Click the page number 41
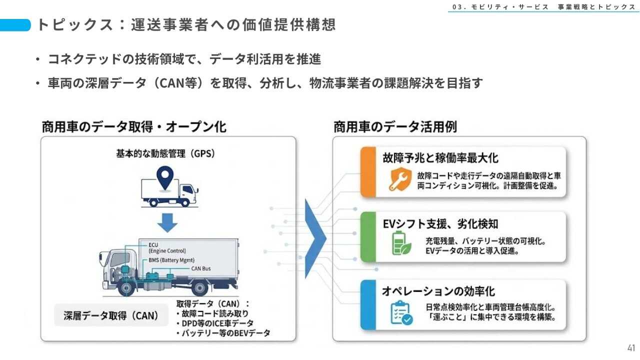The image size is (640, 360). [x=631, y=347]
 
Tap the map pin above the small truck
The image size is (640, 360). [x=165, y=178]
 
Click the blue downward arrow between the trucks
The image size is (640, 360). [x=167, y=223]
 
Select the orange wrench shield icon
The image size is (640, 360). [x=400, y=179]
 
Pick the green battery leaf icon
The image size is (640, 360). [x=401, y=243]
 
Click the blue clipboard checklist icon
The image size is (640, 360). [x=401, y=312]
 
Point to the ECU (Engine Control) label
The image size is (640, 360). [x=167, y=248]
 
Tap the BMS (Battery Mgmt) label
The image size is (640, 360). [x=171, y=260]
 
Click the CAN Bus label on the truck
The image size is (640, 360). [x=201, y=268]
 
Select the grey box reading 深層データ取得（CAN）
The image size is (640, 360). [x=111, y=315]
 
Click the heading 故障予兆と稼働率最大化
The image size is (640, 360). [x=440, y=158]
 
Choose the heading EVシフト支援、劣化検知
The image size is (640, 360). [x=440, y=224]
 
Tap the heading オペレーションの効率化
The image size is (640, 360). [x=438, y=291]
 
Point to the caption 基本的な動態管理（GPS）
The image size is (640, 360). [x=165, y=153]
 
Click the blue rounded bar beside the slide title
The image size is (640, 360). [x=15, y=25]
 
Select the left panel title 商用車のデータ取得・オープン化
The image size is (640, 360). [x=134, y=127]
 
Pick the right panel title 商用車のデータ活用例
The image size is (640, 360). [x=395, y=127]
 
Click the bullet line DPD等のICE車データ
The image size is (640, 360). [x=215, y=323]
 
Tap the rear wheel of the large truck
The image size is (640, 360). [x=199, y=287]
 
